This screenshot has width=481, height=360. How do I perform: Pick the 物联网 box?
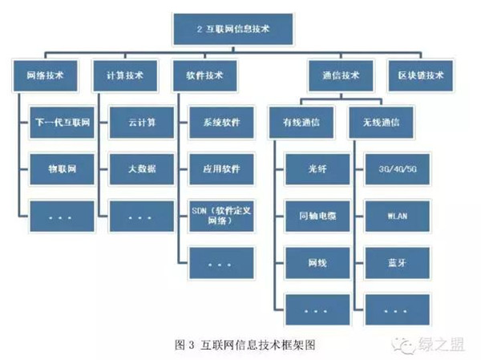[x=58, y=170]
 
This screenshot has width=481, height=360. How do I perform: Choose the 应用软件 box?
[x=216, y=170]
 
